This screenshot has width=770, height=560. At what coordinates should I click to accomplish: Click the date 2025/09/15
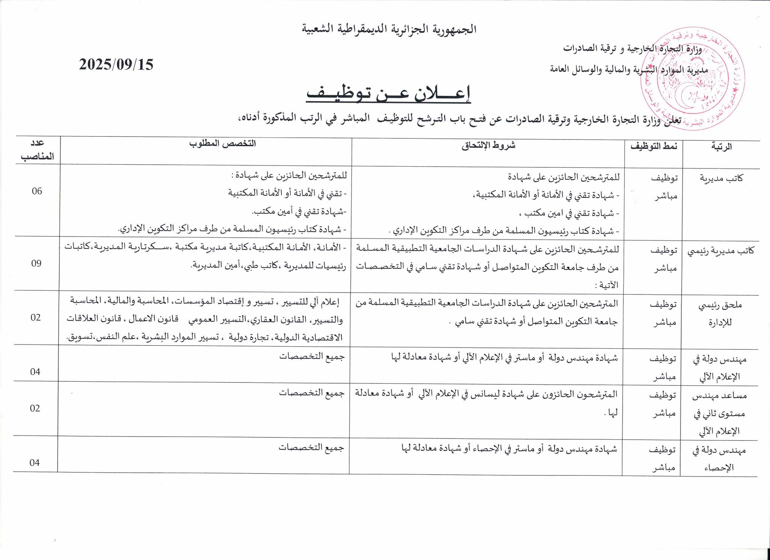tap(116, 65)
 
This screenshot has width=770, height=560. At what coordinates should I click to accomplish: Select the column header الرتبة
tap(722, 147)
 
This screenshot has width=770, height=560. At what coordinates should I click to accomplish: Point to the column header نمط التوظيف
tap(653, 146)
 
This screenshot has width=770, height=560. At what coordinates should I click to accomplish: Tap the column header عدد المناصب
tap(38, 150)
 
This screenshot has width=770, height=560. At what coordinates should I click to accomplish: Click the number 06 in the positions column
tap(37, 191)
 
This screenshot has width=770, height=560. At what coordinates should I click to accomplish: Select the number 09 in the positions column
tap(36, 263)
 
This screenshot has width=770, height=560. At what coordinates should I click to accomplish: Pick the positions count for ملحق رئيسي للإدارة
tap(36, 317)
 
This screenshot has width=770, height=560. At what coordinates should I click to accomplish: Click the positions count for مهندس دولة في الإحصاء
tap(35, 463)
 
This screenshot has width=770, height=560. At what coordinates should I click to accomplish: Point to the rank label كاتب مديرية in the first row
tap(721, 178)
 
